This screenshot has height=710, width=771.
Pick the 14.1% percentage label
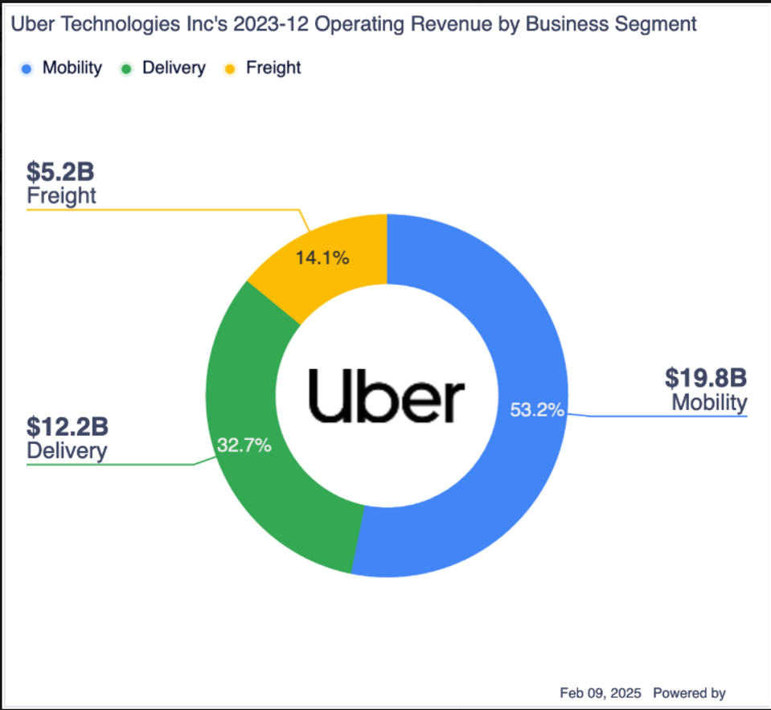[x=322, y=258]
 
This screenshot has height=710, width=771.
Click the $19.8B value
[x=706, y=377]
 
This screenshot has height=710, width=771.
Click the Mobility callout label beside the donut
[x=709, y=401]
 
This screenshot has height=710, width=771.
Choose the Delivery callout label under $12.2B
[x=67, y=450]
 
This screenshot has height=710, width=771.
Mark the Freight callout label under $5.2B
[x=62, y=195]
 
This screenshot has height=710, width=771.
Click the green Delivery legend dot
[x=126, y=68]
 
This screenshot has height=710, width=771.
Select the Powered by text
[x=689, y=692]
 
